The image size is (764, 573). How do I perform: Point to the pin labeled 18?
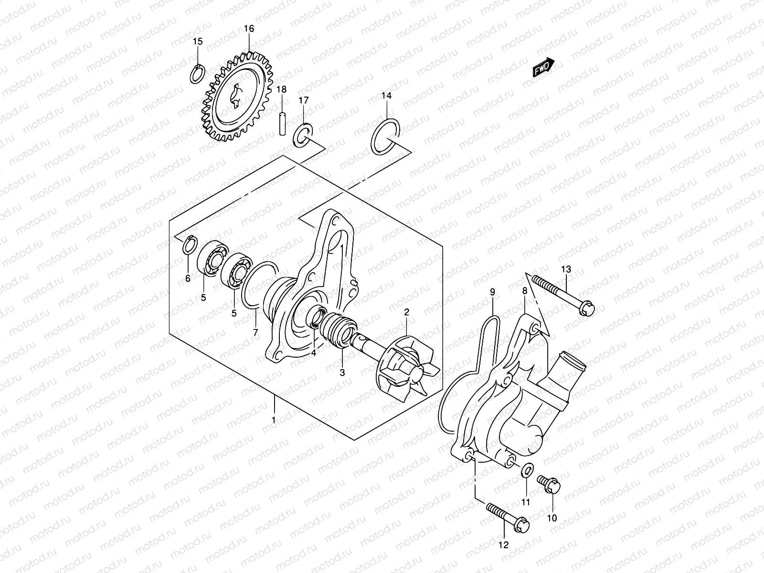(282, 123)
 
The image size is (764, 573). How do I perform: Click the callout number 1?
(274, 420)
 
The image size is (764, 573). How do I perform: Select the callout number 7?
(255, 332)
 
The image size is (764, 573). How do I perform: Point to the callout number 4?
(314, 353)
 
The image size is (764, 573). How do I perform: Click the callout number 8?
(524, 290)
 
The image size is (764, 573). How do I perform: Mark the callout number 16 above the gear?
(249, 29)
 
